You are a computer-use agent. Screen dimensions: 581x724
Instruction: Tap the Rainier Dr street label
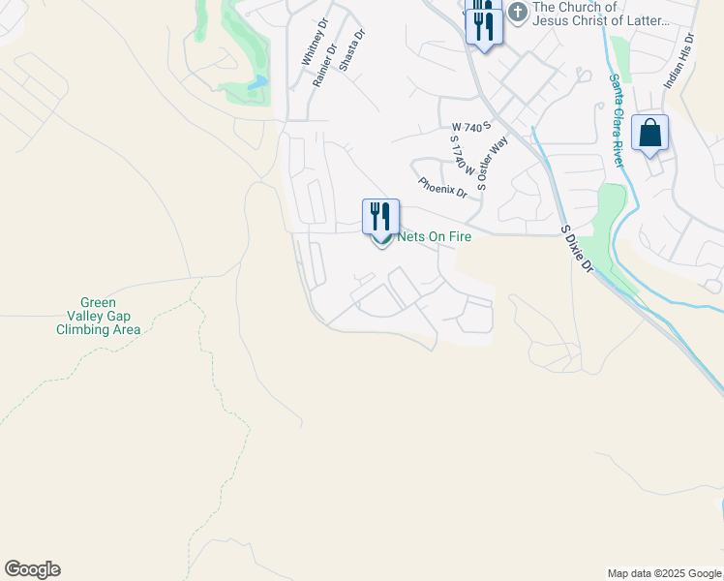point(324,65)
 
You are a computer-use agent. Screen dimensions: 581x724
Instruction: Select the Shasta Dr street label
point(351,49)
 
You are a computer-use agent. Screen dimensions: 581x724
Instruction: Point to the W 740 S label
point(472,127)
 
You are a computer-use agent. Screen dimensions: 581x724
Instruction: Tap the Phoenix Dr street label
point(442,187)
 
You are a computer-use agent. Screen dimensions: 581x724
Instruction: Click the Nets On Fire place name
point(434,236)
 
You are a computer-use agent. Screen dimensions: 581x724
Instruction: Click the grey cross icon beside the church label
point(518,13)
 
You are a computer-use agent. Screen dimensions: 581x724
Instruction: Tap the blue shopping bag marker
point(649,133)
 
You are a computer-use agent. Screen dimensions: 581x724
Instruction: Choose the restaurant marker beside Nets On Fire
point(380,216)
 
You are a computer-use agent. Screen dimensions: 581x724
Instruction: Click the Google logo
point(32,569)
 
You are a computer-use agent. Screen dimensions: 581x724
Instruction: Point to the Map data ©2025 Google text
point(665,573)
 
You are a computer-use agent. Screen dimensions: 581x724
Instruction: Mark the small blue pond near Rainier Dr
point(256,83)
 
